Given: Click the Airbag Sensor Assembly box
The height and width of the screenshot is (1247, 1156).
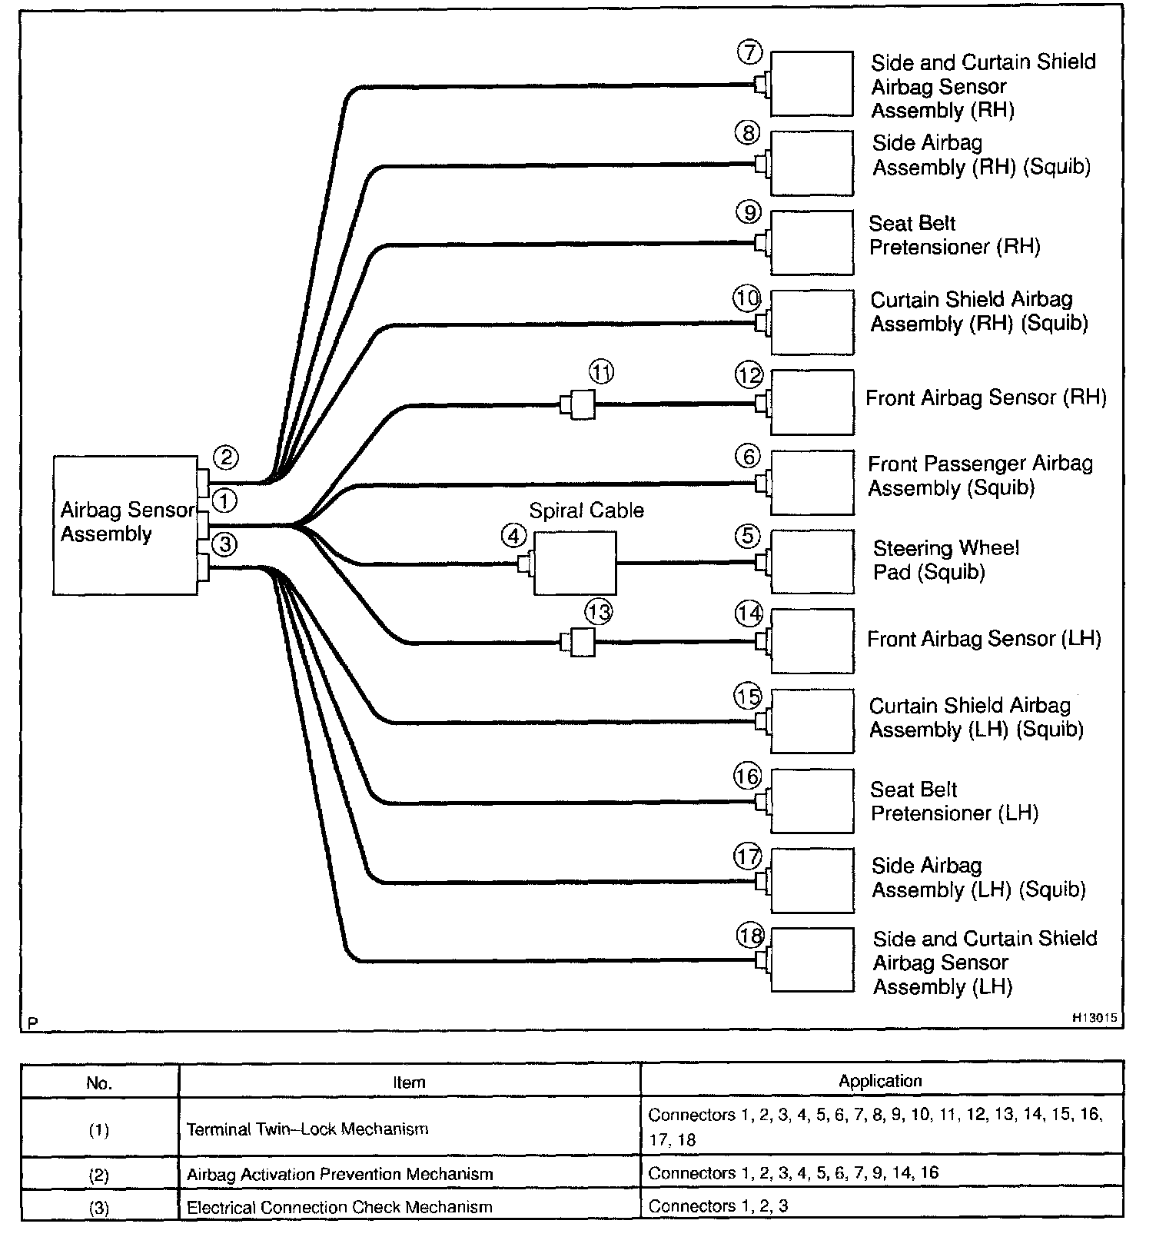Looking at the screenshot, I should [x=125, y=524].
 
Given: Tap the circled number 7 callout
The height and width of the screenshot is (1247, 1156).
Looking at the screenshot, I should [x=749, y=52].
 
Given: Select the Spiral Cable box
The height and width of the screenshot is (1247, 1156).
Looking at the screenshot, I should [x=574, y=563].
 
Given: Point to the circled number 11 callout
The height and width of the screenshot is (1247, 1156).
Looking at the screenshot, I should [x=602, y=373].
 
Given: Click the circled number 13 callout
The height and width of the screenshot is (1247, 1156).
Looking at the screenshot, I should [x=599, y=613].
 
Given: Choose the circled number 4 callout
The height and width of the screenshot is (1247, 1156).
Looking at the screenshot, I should [x=514, y=535].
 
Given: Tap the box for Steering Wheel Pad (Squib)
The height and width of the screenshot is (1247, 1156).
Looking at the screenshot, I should [x=812, y=561].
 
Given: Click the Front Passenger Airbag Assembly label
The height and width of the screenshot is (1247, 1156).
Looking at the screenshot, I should [x=980, y=476].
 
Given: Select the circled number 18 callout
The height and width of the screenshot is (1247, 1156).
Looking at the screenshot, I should [x=749, y=936].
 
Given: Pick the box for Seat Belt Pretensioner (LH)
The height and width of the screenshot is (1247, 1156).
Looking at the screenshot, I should [x=812, y=801].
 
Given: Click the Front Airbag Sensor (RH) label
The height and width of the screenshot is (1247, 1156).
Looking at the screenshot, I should [x=985, y=397].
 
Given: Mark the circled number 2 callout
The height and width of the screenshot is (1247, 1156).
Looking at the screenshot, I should [x=225, y=457].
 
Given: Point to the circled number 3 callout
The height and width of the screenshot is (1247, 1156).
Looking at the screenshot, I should [x=225, y=544].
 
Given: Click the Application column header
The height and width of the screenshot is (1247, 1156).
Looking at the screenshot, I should [x=880, y=1081].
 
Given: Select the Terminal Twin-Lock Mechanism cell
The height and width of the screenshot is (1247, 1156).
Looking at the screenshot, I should [x=307, y=1129].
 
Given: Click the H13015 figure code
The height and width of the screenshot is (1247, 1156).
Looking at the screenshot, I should [x=1095, y=1017].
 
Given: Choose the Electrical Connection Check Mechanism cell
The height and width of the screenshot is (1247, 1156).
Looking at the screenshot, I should [x=339, y=1207].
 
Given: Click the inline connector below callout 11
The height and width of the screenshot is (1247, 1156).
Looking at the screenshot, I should [x=579, y=404].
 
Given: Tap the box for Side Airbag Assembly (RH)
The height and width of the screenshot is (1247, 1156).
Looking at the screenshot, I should [x=812, y=163].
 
